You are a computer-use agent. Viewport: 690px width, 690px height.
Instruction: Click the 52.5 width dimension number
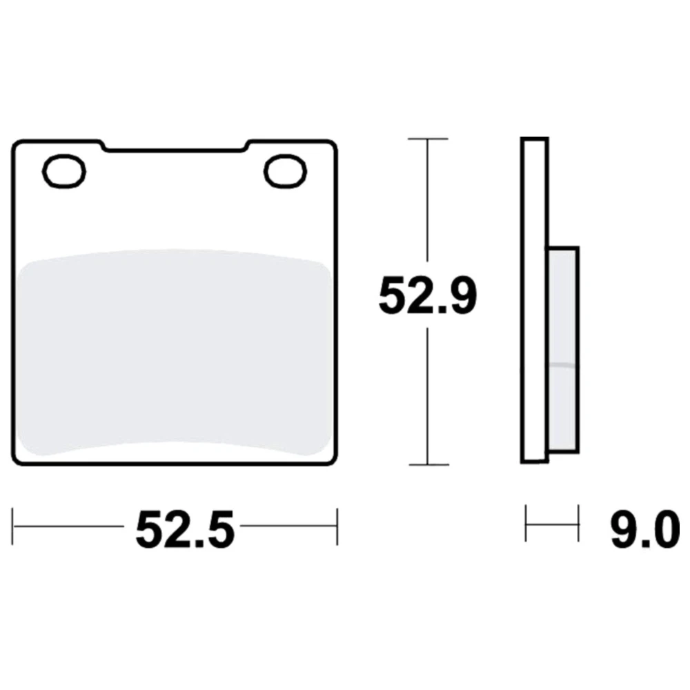pos(185,529)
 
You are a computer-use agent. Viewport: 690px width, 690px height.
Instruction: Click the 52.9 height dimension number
pos(428,296)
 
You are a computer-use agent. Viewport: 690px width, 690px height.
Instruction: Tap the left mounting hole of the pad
pos(63,172)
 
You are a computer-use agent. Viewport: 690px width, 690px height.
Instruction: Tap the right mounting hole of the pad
pos(285,172)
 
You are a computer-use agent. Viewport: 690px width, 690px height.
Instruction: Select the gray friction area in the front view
pos(175,352)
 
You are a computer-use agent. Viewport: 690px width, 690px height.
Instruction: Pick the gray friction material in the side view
pos(563,350)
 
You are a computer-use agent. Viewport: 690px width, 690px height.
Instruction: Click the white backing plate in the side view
pos(534,301)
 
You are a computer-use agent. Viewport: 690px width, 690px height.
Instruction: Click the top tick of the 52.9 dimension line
pos(428,139)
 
